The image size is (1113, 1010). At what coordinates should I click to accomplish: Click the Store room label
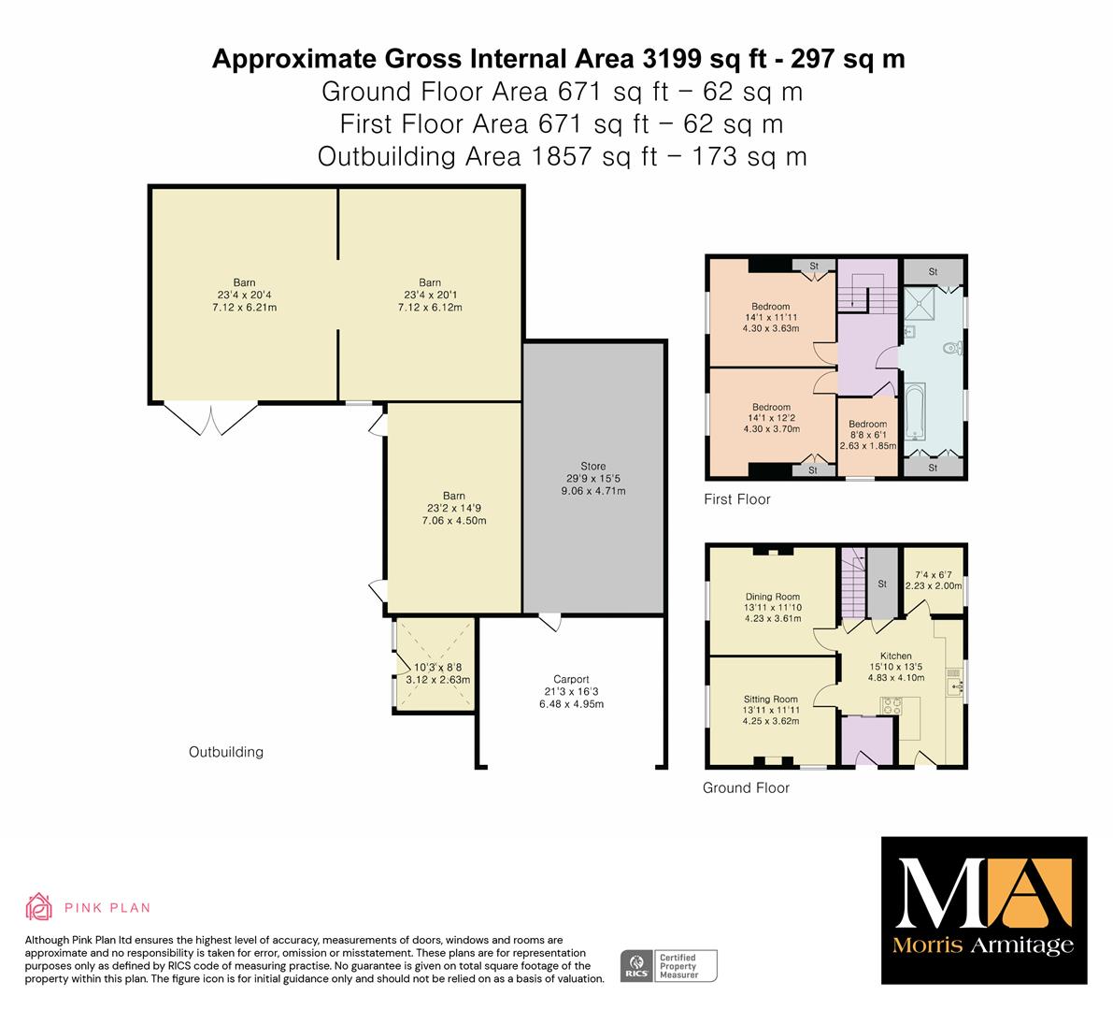(x=592, y=467)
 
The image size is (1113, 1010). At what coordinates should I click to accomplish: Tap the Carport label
(x=571, y=679)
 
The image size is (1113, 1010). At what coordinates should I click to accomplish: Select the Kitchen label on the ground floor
(x=896, y=656)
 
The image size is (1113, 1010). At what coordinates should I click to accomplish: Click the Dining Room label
(x=772, y=597)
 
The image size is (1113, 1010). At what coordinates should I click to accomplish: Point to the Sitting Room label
(x=771, y=699)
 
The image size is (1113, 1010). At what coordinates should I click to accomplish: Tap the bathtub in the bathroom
(x=914, y=411)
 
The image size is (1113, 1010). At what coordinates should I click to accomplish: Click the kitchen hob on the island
(x=891, y=705)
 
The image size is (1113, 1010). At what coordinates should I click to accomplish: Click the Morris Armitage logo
(x=984, y=911)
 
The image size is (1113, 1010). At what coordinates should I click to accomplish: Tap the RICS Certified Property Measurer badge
(x=669, y=966)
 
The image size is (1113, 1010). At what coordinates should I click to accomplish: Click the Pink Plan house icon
(x=39, y=906)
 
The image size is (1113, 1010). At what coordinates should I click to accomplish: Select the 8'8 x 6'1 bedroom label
(x=867, y=435)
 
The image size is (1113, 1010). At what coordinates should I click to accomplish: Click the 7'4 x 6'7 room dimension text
(x=934, y=574)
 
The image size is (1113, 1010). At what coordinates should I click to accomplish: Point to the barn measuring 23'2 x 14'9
(x=454, y=508)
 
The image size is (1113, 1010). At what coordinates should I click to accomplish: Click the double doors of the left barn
(x=210, y=419)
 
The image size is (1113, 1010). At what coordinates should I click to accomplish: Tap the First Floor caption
(x=736, y=499)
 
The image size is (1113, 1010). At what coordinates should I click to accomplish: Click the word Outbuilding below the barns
(x=226, y=752)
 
